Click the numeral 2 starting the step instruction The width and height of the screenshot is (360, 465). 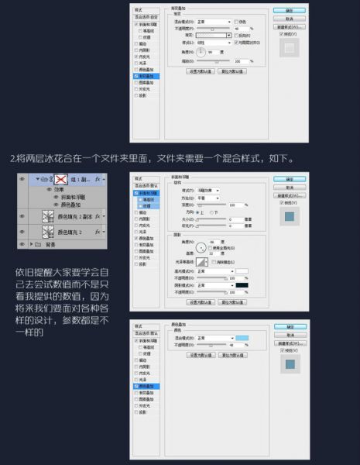pyautogui.click(x=12, y=158)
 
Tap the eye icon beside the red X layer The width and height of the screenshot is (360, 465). pyautogui.click(x=22, y=179)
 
